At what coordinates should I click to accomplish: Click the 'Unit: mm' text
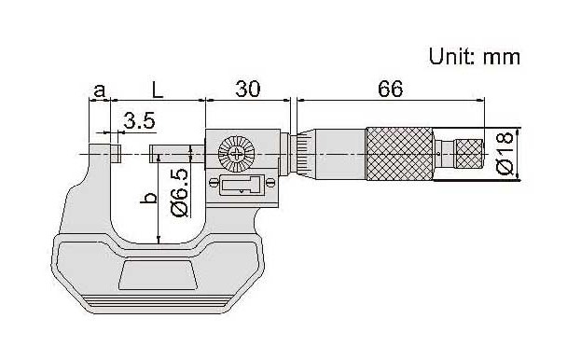(475, 57)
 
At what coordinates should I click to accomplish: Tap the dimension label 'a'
(99, 90)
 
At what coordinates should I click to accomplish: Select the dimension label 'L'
(158, 90)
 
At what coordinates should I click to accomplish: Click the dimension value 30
(247, 89)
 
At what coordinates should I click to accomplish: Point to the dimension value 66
(390, 89)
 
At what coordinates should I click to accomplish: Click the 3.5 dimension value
(139, 120)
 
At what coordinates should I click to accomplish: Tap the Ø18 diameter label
(505, 153)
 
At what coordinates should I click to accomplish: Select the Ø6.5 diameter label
(180, 193)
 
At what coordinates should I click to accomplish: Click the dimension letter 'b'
(148, 198)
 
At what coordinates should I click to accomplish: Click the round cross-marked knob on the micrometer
(236, 154)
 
